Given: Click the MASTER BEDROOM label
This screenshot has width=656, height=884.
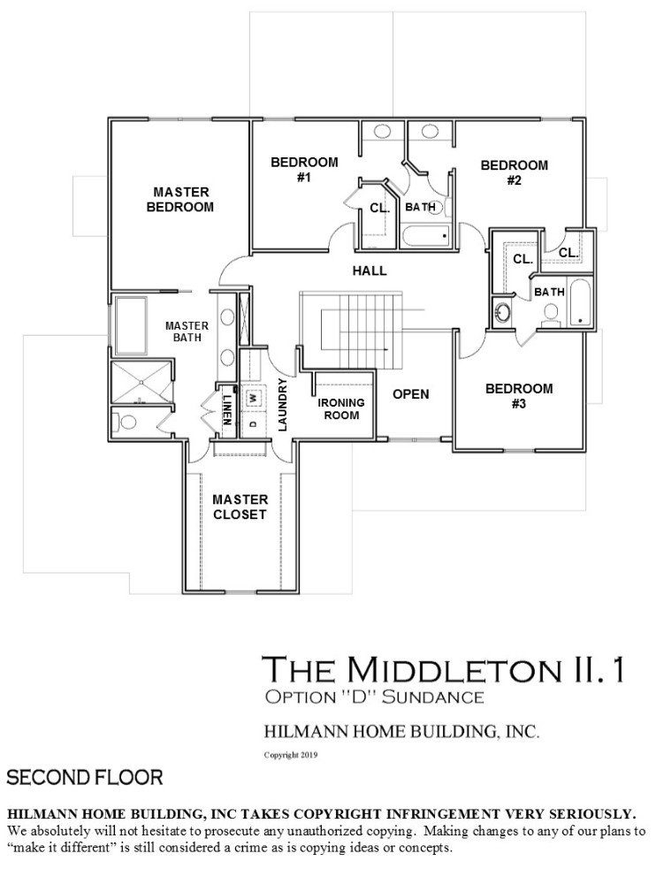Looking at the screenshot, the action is [x=180, y=200].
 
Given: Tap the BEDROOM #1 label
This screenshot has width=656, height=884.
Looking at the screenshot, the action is [x=304, y=170].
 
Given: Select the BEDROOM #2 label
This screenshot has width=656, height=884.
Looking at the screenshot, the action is [x=514, y=172].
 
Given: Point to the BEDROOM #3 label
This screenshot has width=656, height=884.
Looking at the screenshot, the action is [x=519, y=396].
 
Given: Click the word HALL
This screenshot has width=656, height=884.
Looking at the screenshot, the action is [x=370, y=271].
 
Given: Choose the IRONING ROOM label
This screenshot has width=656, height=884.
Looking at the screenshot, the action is [x=340, y=408].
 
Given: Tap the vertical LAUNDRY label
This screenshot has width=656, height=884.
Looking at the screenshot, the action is [x=283, y=405].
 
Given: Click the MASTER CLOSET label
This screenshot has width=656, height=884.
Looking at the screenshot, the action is [x=240, y=507].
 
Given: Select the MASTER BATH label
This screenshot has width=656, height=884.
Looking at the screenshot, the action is [x=187, y=331].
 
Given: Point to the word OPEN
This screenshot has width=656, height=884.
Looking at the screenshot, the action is [x=410, y=394].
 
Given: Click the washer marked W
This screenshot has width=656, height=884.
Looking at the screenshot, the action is [x=253, y=398].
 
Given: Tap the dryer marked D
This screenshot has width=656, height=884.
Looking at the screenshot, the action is [x=253, y=423].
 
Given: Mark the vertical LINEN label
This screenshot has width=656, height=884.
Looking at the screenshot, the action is [x=226, y=408].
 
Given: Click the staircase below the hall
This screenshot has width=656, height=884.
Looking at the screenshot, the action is [x=352, y=330].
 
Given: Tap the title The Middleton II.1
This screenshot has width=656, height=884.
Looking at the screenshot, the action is [x=444, y=668].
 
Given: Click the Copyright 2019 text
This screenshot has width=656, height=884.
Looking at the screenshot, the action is [x=291, y=755].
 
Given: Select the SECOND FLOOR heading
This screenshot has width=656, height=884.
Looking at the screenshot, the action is [x=85, y=778].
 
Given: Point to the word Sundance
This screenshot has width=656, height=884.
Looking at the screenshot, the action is [x=432, y=697].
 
